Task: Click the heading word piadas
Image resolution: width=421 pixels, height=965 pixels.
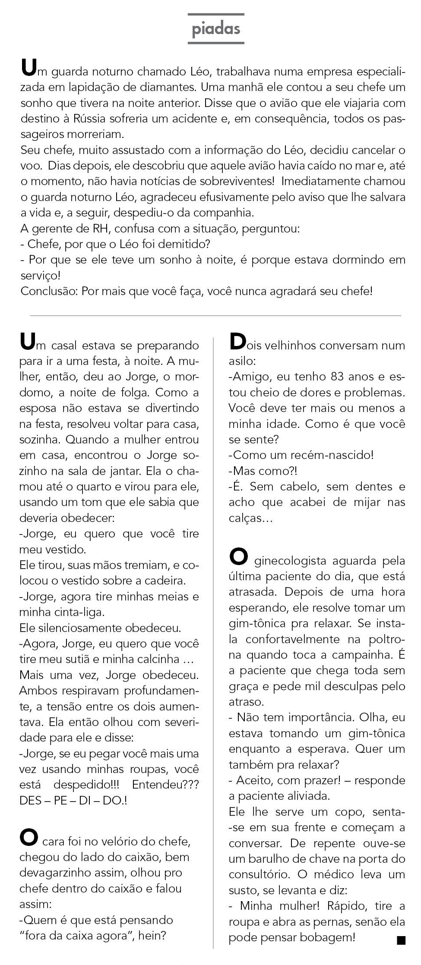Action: tap(216, 29)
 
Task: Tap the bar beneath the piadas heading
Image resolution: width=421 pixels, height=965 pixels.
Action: tap(216, 43)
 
